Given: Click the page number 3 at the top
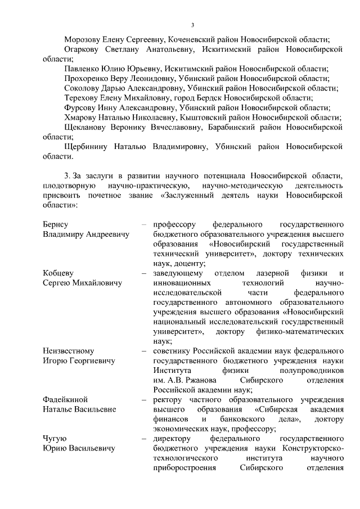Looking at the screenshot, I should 192,25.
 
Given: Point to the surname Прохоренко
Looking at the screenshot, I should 89,78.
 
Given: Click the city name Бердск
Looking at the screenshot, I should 221,97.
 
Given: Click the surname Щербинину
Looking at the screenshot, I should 88,146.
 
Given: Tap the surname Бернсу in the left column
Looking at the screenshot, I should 55,224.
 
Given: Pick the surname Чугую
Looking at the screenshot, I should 55,438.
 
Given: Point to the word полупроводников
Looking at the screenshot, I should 311,371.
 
